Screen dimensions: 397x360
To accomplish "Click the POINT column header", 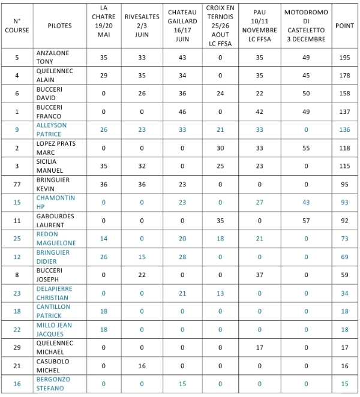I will (x=344, y=26).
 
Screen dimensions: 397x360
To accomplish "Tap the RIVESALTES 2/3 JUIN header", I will (x=142, y=26).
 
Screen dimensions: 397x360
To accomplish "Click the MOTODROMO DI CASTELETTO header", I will (x=306, y=26).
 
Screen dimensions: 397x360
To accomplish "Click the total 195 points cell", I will (x=344, y=58).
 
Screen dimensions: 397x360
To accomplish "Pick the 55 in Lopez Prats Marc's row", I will (x=306, y=148).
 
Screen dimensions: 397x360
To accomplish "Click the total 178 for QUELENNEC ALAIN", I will (x=344, y=76).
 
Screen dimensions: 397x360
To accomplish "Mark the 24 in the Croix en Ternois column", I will (x=220, y=94).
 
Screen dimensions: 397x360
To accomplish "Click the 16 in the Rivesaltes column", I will (x=142, y=365).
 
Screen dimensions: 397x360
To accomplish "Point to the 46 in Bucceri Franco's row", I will (x=182, y=112).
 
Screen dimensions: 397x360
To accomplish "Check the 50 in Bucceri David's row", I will (x=306, y=94).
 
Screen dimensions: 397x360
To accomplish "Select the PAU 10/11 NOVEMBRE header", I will (x=260, y=26).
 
